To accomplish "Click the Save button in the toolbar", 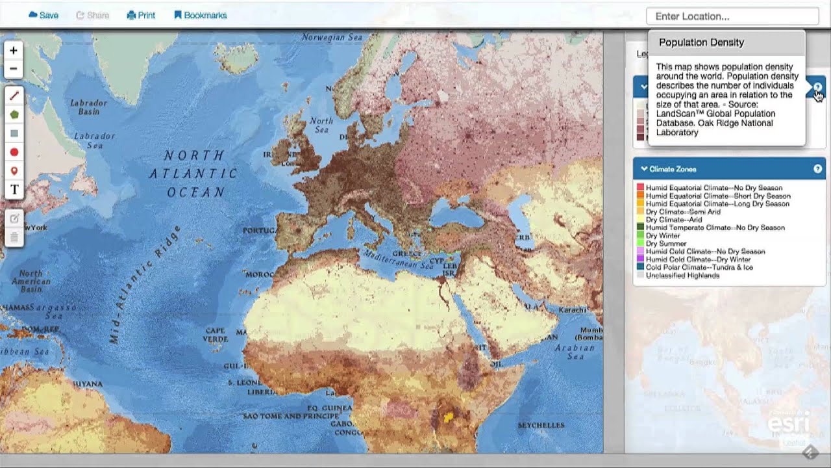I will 43,15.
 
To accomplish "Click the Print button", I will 141,15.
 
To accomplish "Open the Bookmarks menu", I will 201,15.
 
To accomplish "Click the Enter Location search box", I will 732,16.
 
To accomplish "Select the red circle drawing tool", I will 14,152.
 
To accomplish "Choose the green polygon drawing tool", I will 14,114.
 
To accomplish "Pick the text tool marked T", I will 14,189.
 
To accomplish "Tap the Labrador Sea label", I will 94,140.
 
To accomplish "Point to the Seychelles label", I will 541,425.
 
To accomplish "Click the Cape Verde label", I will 215,335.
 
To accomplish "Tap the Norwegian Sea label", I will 332,38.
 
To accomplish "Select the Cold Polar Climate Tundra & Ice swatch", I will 640,267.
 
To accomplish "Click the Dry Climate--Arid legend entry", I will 665,220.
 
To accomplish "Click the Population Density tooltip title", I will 701,42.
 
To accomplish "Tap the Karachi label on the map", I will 573,309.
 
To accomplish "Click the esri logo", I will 788,423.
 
